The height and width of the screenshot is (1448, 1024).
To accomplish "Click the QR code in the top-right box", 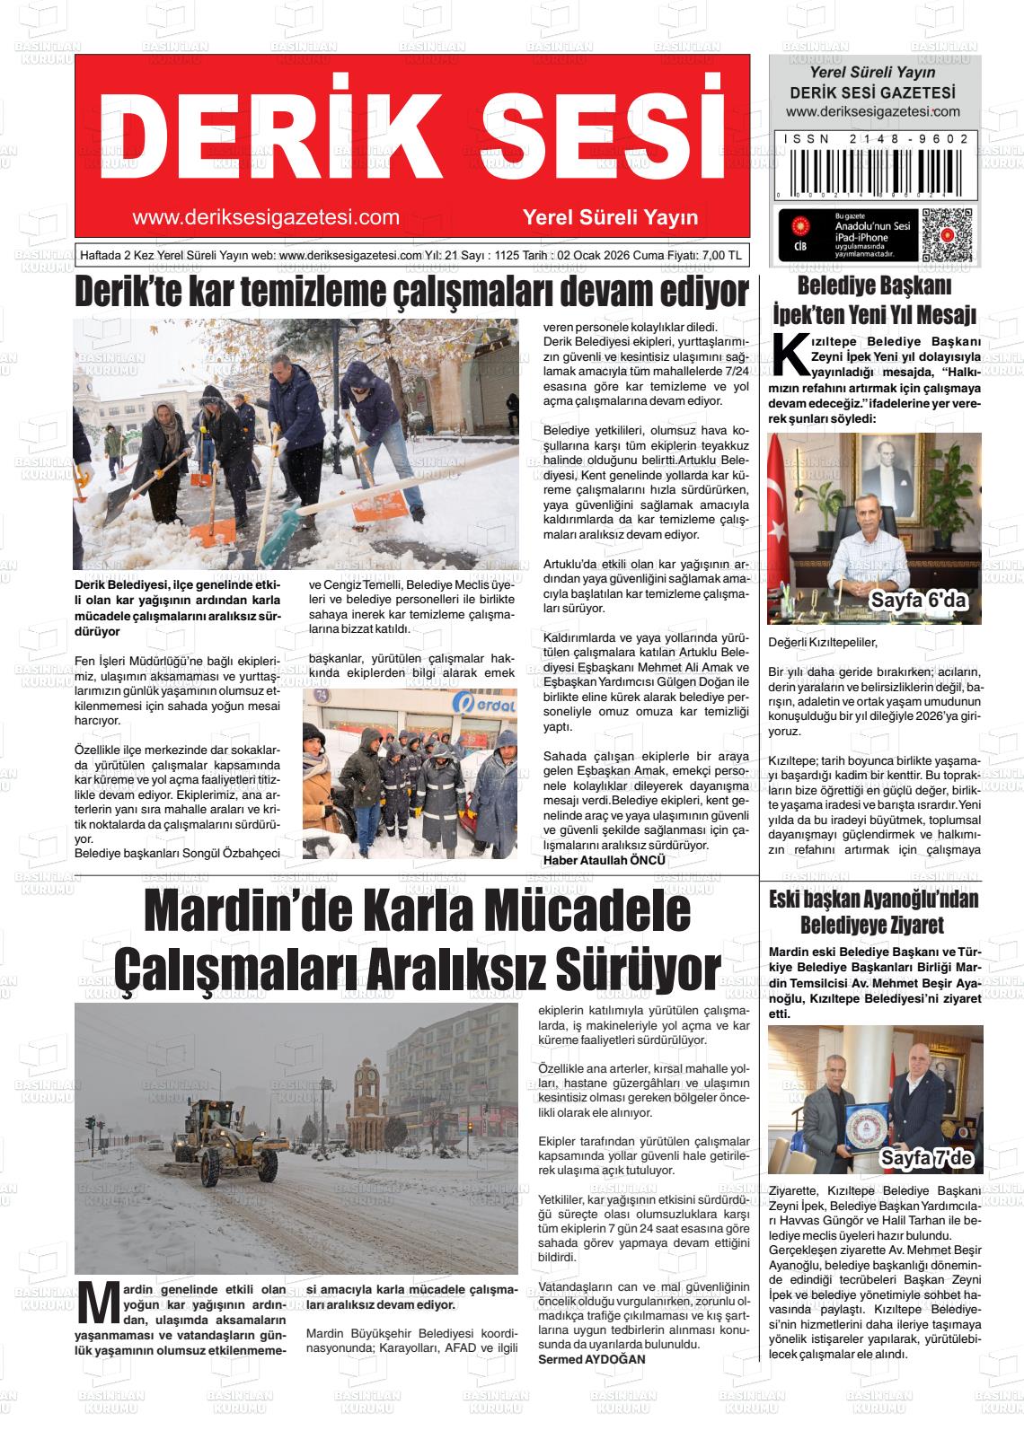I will click(948, 234).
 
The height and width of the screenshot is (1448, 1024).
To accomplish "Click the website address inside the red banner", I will click(265, 217).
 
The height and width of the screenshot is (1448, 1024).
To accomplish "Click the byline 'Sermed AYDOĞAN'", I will click(591, 1359).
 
